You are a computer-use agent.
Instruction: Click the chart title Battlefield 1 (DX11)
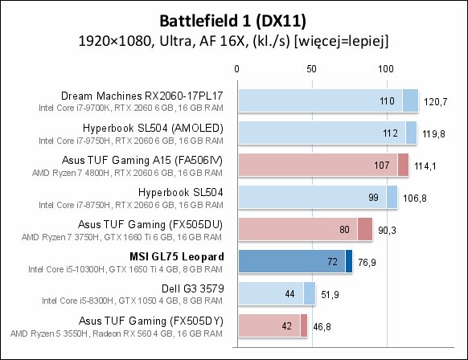point(233,22)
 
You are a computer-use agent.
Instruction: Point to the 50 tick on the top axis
point(311,69)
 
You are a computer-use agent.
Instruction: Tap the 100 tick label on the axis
point(386,69)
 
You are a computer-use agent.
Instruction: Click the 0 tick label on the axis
point(236,69)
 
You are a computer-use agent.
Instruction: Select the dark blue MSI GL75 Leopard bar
point(295,261)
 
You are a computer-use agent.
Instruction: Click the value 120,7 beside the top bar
point(436,102)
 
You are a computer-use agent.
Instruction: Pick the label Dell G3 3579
point(192,288)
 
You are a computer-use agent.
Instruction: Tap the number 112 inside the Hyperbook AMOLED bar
point(390,133)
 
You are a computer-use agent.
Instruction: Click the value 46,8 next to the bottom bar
point(322,327)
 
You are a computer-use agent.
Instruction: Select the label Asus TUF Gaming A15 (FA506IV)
point(142,161)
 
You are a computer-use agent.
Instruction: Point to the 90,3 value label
point(387,231)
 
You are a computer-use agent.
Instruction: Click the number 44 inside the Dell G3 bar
point(289,294)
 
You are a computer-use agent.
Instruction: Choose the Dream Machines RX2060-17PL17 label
point(142,96)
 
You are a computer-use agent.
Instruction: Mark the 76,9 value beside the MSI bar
point(367,263)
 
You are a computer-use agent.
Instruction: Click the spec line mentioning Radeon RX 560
point(117,333)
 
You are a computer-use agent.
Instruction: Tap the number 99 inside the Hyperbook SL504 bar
point(373,198)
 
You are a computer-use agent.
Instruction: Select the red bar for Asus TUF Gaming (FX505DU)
point(306,229)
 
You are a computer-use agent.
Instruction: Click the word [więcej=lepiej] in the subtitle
point(342,41)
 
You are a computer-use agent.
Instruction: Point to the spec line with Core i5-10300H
point(125,269)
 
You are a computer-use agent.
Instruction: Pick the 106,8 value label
point(415,198)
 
